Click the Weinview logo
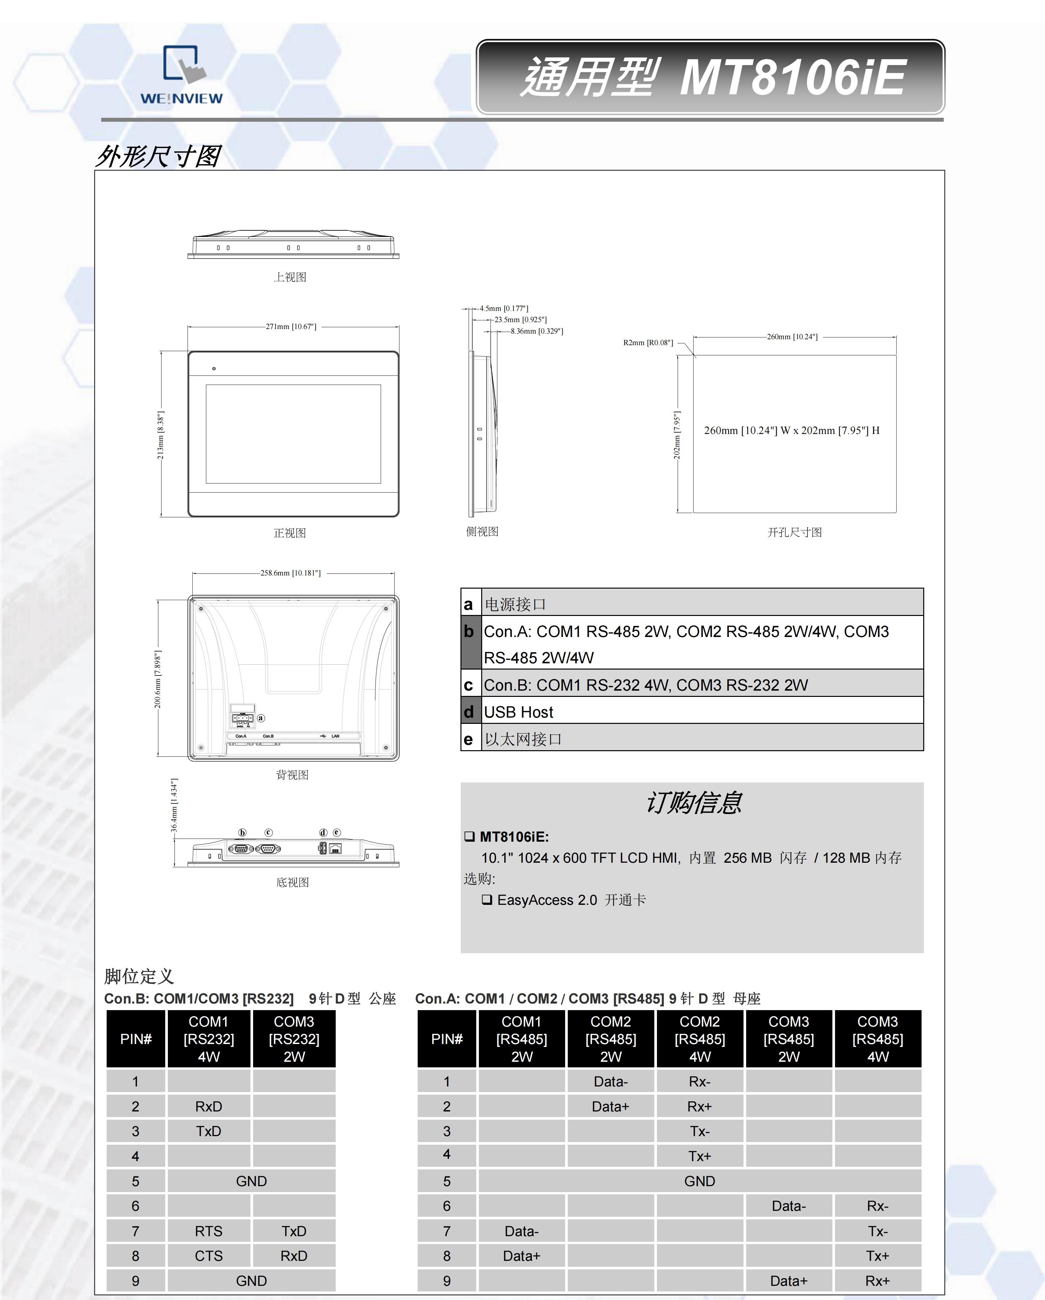click(181, 75)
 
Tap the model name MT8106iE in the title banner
click(792, 78)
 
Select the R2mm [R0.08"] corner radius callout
click(648, 343)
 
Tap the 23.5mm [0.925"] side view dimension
click(520, 319)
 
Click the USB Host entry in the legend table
click(518, 712)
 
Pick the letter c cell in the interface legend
click(469, 685)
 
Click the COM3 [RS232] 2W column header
click(294, 1039)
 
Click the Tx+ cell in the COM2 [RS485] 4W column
click(699, 1156)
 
